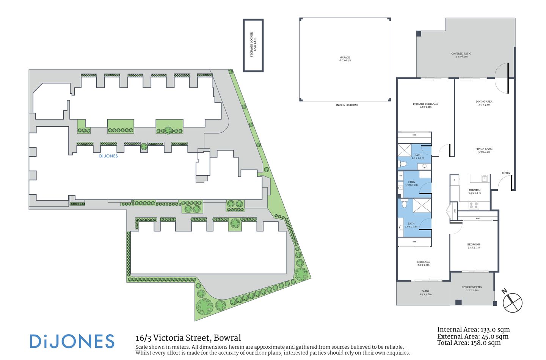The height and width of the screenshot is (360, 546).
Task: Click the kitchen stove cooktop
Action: (474, 205)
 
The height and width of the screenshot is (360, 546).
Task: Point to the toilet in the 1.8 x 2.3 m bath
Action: (403, 164)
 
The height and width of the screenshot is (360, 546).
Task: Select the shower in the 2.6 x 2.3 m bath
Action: (421, 206)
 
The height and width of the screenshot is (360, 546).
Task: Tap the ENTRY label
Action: (506, 173)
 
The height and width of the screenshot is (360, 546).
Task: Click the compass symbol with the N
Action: (512, 302)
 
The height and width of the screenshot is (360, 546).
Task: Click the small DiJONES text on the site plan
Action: (108, 156)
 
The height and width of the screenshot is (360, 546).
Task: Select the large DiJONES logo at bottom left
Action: (72, 341)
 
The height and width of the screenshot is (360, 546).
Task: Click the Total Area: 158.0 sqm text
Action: (469, 343)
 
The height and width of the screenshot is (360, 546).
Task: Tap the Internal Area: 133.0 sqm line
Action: (473, 330)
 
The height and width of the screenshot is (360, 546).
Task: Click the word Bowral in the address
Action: (227, 338)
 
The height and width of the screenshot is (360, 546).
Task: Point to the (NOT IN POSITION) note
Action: (347, 105)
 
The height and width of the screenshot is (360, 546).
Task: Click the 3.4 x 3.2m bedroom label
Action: (474, 246)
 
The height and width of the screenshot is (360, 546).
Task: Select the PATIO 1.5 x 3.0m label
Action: (425, 292)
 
